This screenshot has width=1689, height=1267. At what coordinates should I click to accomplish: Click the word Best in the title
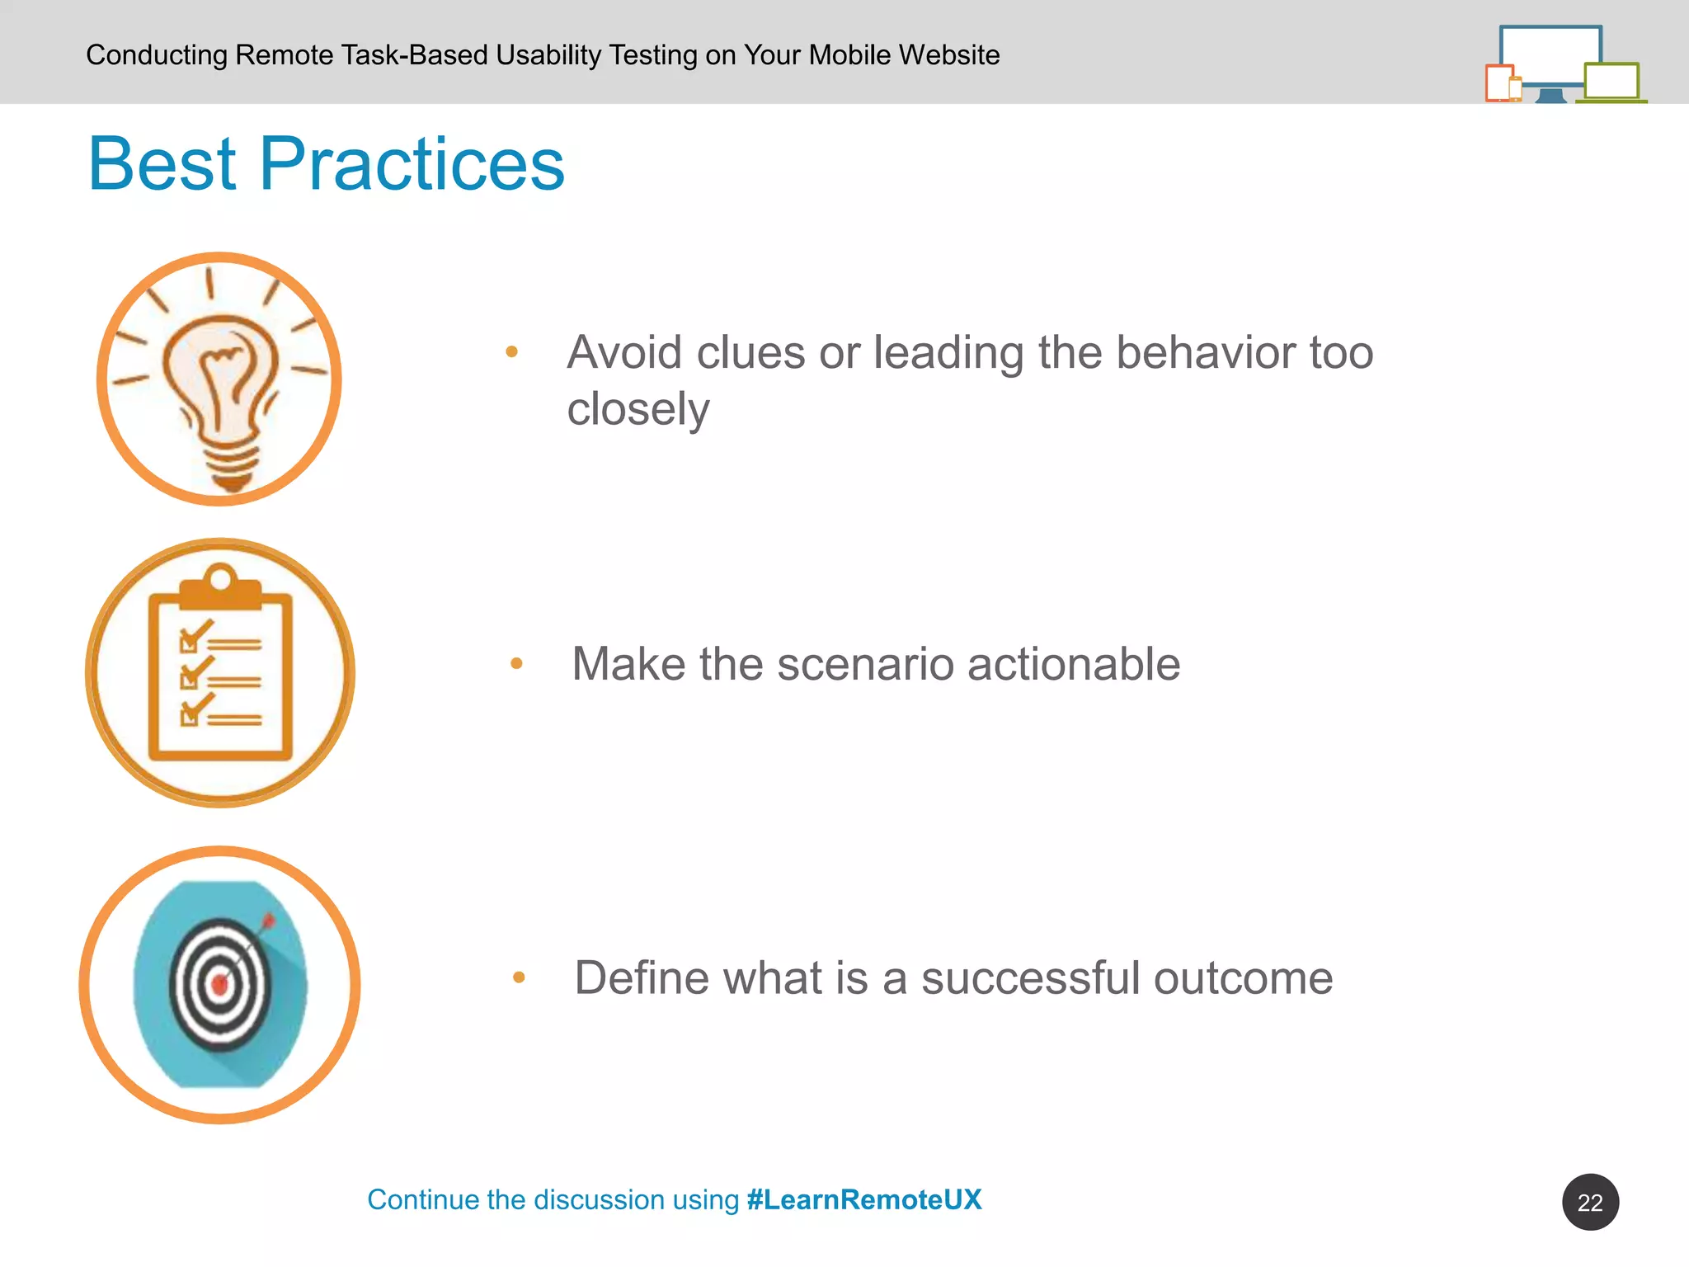pyautogui.click(x=162, y=164)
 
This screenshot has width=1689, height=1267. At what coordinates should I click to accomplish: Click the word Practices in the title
pyautogui.click(x=412, y=164)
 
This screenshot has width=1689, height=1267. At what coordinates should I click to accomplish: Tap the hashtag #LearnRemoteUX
pyautogui.click(x=863, y=1199)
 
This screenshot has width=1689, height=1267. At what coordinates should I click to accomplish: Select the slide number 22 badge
pyautogui.click(x=1589, y=1203)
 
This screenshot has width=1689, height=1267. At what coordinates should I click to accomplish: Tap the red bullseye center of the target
pyautogui.click(x=219, y=984)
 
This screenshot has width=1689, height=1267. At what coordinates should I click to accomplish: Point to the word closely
pyautogui.click(x=637, y=409)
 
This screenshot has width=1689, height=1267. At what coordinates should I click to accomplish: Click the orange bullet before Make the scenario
pyautogui.click(x=516, y=663)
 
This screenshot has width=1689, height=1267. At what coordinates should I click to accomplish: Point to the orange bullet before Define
pyautogui.click(x=519, y=977)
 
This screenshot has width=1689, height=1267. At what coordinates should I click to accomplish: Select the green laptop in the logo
pyautogui.click(x=1611, y=82)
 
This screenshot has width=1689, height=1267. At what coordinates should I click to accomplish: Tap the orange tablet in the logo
pyautogui.click(x=1498, y=82)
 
